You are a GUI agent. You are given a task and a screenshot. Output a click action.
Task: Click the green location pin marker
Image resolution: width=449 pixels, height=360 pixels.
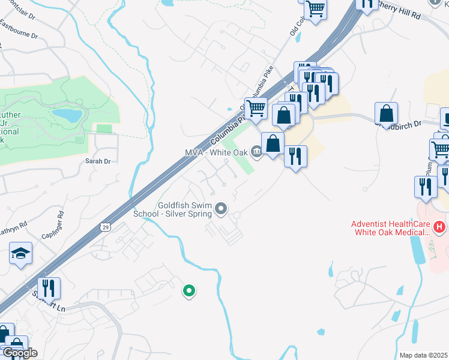[x=189, y=292]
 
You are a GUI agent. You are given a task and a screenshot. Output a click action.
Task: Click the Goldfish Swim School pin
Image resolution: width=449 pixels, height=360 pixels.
[x=221, y=209]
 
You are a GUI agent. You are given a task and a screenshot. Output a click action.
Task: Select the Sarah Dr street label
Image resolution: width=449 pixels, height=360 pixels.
[x=98, y=161]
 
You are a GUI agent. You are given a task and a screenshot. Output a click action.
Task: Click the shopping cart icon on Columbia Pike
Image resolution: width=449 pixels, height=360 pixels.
[x=256, y=108]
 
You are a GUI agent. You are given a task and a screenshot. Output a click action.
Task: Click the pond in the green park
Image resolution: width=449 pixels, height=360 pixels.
[x=67, y=113]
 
